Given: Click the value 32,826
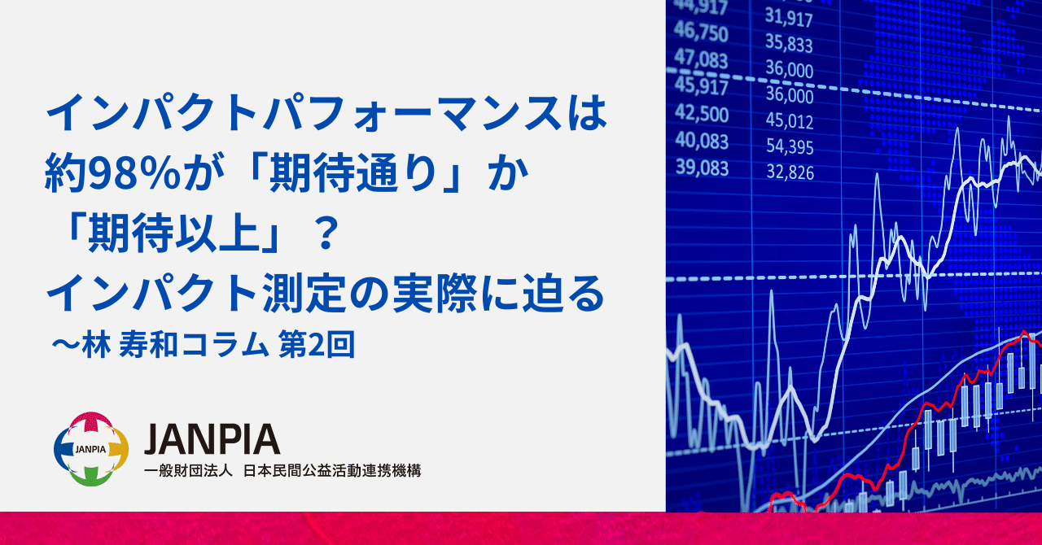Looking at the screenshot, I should (x=789, y=172).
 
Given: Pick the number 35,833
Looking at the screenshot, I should (x=789, y=44).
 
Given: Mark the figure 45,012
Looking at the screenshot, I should (x=789, y=122).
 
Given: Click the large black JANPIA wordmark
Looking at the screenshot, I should (x=212, y=439).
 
